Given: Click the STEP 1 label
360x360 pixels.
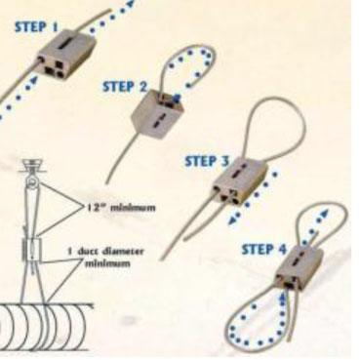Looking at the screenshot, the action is click(36, 26).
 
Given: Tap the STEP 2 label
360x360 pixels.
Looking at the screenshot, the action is click(125, 87).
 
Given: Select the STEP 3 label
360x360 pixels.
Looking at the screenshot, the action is click(207, 161).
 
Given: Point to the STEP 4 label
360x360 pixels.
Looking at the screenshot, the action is click(264, 250).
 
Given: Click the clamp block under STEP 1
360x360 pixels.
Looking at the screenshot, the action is click(66, 54).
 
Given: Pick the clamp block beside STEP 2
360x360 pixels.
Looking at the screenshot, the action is click(157, 114).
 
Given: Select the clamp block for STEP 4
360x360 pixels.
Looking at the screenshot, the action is click(299, 267).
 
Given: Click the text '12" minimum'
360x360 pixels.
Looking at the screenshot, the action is click(121, 207).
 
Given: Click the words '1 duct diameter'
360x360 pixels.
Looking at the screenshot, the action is click(105, 252).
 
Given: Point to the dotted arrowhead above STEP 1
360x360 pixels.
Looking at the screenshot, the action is click(130, 4).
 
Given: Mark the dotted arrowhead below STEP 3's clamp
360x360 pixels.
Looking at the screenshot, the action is click(232, 221).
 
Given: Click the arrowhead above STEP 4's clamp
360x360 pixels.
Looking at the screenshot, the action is click(324, 214).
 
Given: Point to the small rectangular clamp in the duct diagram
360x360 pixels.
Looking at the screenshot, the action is click(32, 249).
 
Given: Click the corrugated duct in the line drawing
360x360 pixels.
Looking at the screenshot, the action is click(46, 328).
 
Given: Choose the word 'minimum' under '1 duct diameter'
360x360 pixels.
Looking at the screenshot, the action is click(107, 262).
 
